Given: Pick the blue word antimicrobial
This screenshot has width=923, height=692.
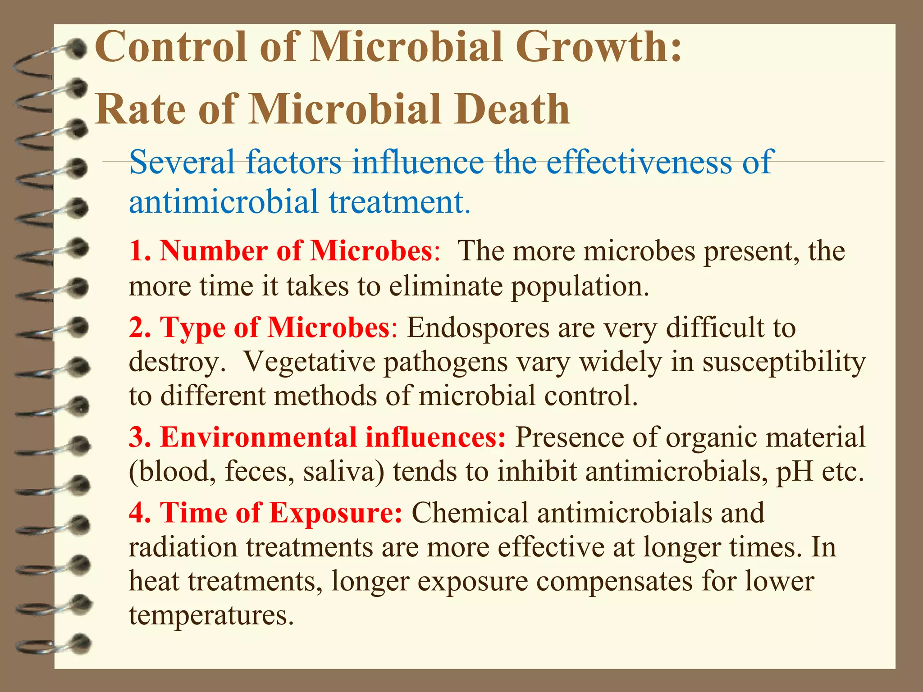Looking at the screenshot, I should coord(224,202).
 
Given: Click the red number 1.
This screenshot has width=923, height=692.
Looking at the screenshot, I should coord(137,250).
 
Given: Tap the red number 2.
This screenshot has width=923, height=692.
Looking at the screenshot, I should coord(137,327).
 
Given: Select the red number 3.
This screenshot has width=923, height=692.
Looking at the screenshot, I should coord(137,437).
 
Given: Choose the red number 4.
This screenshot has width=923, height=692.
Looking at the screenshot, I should coord(137,513).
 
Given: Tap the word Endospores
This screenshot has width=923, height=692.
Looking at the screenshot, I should coord(478,328).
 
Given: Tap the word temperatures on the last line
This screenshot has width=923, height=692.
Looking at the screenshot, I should coord(211,615).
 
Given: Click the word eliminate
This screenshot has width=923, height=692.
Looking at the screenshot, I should coord(446,287).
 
